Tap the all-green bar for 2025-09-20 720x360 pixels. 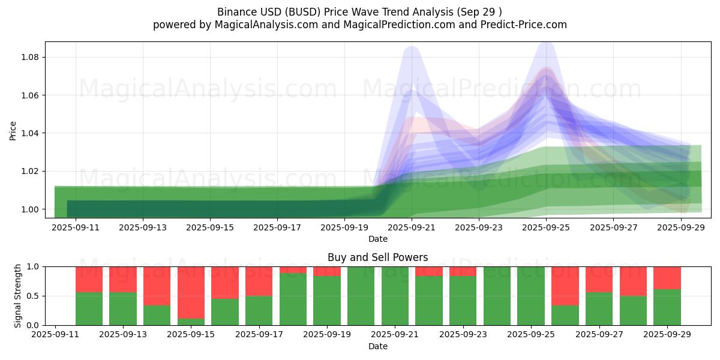pos(361,296)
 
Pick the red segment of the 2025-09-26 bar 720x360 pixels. pos(565,286)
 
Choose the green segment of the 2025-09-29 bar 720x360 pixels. pos(667,307)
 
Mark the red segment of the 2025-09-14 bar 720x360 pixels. pos(157,286)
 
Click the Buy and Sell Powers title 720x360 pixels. pos(377,257)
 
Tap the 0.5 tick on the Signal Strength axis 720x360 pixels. pos(34,296)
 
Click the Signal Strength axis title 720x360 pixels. pos(18,296)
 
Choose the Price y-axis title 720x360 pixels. pos(13,130)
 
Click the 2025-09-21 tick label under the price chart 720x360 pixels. pos(412,227)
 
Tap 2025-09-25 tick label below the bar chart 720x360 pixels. pos(530,335)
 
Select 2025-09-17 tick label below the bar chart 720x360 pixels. pos(259,335)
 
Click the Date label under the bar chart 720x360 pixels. pos(377,346)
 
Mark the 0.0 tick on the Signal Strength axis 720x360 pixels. pos(34,325)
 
